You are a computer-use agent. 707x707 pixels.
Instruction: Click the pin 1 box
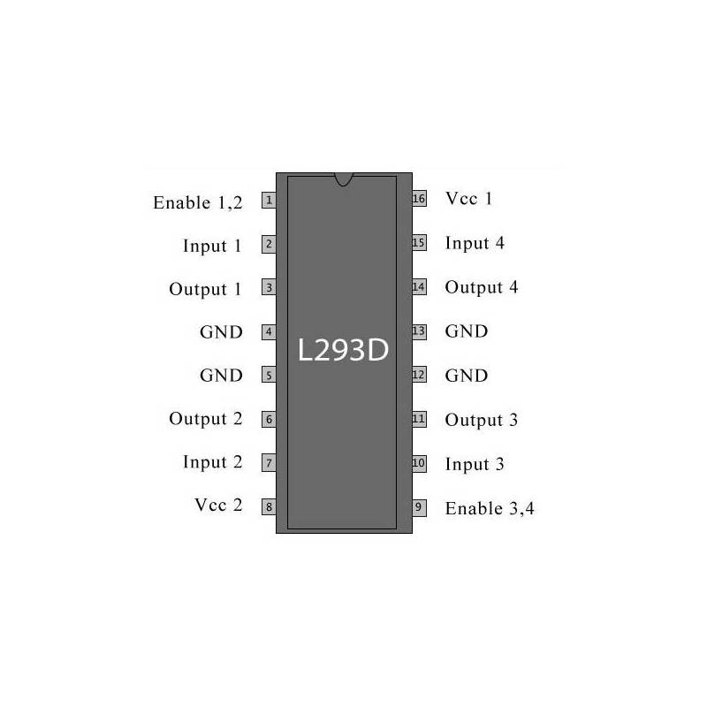pos(269,201)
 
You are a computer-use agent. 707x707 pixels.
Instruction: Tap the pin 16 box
pos(419,198)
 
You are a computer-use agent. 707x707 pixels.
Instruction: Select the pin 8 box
pos(269,506)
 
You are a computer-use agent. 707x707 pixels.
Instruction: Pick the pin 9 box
pos(419,507)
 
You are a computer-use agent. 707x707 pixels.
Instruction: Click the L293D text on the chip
pos(343,350)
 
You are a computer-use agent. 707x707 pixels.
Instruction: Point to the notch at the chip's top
pos(343,179)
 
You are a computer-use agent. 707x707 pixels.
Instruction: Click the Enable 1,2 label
pos(198,203)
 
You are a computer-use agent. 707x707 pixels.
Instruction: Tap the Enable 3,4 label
pos(490,509)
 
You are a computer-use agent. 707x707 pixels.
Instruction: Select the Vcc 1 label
pos(468,198)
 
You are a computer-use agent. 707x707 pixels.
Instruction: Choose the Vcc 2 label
pos(218,505)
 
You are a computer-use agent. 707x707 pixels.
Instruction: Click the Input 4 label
pos(475,244)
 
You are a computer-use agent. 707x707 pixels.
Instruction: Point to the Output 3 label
pos(482,421)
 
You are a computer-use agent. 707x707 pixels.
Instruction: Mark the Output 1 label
pos(205,290)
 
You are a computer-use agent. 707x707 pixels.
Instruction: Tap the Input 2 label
pos(212,462)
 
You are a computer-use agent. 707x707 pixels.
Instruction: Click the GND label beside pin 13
pos(467,331)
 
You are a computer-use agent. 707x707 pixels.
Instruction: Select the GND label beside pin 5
pos(221,376)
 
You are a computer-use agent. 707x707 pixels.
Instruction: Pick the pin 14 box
pos(419,286)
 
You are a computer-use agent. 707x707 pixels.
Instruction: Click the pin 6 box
pos(269,419)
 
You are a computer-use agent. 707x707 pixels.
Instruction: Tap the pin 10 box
pos(419,463)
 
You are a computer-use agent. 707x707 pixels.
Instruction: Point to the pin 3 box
pos(269,288)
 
